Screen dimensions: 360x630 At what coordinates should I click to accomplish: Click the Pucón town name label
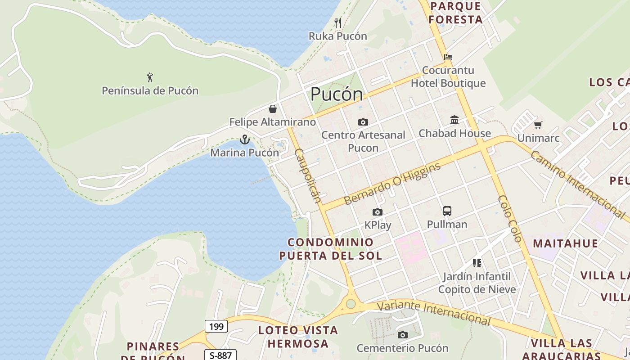(337, 94)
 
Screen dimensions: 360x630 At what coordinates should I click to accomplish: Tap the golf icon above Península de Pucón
(150, 77)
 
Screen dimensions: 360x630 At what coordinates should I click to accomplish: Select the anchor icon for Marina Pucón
(244, 139)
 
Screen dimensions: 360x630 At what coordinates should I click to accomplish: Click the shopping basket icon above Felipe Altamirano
(272, 109)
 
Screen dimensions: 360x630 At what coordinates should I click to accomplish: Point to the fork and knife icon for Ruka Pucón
(338, 23)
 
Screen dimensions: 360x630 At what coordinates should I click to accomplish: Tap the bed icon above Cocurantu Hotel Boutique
(448, 57)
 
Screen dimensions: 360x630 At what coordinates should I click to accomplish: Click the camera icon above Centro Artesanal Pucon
(363, 122)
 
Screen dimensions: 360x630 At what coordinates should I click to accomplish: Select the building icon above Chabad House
(454, 120)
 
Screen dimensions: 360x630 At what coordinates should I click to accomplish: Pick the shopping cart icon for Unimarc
(538, 125)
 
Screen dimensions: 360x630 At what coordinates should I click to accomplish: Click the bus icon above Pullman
(447, 211)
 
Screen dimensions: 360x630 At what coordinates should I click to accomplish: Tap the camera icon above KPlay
(377, 212)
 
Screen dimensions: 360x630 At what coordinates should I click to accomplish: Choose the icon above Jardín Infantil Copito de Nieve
(477, 263)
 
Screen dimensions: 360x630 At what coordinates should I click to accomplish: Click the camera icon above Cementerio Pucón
(402, 335)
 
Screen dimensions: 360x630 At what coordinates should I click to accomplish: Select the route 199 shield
(216, 326)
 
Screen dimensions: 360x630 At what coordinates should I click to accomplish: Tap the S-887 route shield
(220, 355)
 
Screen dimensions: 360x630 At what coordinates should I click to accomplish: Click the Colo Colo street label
(510, 219)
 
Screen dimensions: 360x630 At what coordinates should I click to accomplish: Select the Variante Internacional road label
(433, 313)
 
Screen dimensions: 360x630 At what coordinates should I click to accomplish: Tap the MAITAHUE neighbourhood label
(565, 243)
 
